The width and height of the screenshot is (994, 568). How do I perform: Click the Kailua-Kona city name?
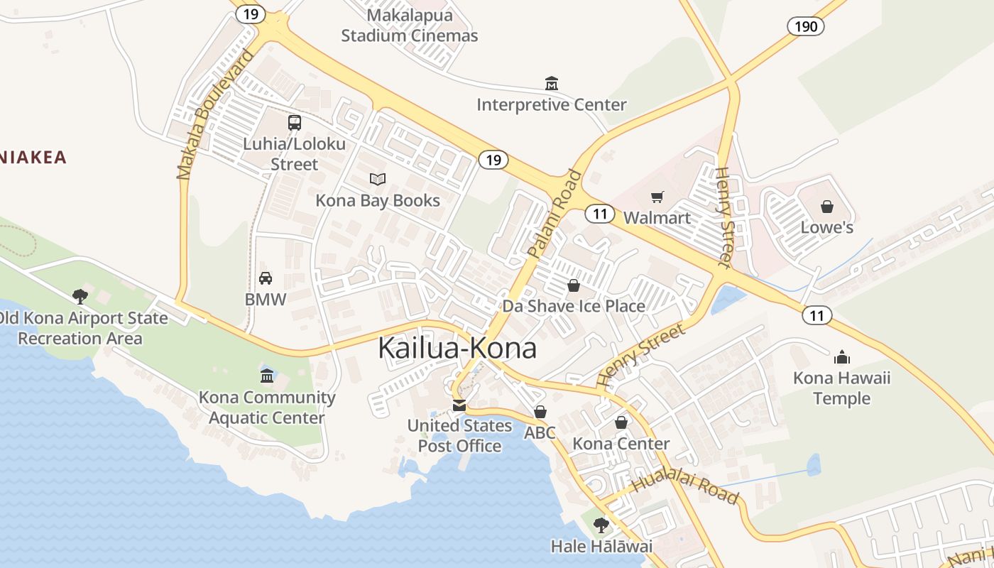point(457,348)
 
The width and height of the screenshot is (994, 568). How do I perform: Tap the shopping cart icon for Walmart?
point(657,197)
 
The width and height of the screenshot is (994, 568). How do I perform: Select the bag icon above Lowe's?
point(827,207)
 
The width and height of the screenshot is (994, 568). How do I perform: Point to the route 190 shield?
point(806,27)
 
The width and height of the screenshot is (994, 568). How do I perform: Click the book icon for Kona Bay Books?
point(378,180)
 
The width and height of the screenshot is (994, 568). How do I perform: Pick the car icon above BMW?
point(266,278)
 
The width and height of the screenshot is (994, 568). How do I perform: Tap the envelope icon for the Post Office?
point(459,405)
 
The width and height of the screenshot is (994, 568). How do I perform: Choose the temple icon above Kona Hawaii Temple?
point(841,356)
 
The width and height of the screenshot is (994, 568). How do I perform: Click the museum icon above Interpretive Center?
point(552,84)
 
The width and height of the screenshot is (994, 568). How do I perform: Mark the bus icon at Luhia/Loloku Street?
point(295,123)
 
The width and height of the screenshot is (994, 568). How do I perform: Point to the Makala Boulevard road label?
point(215,114)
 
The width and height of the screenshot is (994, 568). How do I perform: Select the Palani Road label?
point(555,213)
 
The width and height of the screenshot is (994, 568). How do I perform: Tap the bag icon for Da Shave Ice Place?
point(573,285)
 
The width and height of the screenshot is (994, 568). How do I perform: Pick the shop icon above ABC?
point(540,412)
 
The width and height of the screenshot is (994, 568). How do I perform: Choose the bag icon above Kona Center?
point(621,422)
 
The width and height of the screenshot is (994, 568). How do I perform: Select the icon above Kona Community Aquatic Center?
point(267,376)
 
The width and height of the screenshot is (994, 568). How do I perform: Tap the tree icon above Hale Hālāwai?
point(601,525)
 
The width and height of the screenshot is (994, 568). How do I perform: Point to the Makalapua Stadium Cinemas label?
point(410,26)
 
